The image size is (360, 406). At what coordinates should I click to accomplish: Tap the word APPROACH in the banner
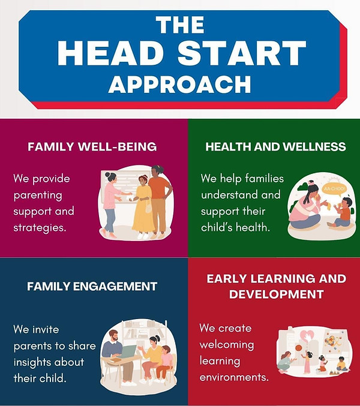(x=179, y=83)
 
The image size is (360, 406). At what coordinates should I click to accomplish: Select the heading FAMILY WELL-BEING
(x=92, y=146)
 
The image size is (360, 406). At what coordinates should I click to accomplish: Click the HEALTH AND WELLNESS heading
(x=275, y=146)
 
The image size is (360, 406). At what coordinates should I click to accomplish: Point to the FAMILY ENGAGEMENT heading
(x=92, y=286)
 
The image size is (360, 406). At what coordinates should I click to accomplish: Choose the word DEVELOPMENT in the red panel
(x=277, y=294)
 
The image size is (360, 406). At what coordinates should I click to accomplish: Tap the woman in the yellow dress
(x=143, y=204)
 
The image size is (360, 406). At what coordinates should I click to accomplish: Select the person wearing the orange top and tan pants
(x=159, y=198)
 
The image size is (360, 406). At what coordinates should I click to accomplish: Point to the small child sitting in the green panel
(x=344, y=212)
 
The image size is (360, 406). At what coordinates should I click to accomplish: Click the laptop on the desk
(x=128, y=350)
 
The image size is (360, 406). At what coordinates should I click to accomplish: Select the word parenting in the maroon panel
(x=38, y=195)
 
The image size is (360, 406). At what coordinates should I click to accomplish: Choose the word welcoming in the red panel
(x=226, y=345)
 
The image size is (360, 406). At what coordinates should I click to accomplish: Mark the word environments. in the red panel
(x=234, y=378)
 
